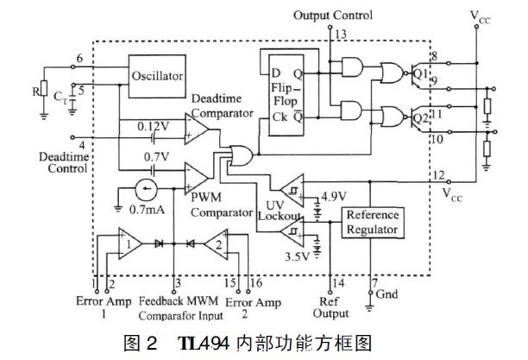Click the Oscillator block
(157, 76)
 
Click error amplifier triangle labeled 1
(130, 244)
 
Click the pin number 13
(341, 34)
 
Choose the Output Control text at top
(333, 16)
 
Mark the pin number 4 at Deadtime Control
(83, 146)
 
